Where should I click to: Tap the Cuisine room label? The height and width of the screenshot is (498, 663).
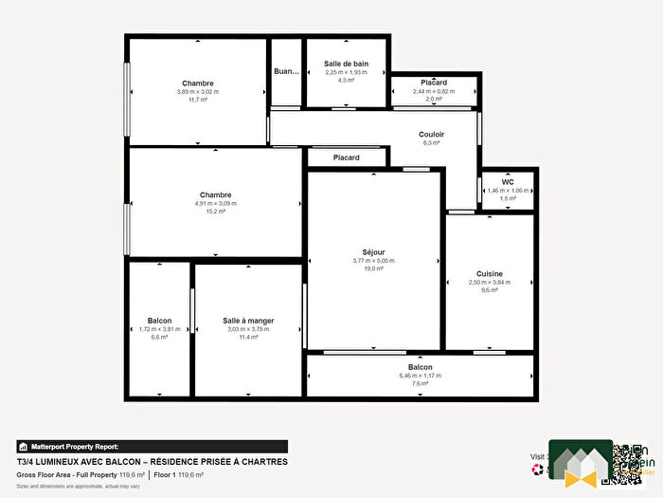click(490, 273)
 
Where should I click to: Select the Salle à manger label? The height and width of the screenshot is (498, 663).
click(248, 321)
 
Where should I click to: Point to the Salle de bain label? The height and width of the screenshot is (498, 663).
click(346, 64)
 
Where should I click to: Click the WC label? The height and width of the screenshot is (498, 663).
click(508, 181)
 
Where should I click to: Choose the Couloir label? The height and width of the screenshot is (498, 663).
click(432, 134)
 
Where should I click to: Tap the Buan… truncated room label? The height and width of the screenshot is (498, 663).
click(286, 72)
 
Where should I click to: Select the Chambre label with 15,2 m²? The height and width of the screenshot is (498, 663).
click(216, 194)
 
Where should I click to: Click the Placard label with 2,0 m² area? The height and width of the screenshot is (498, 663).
click(434, 83)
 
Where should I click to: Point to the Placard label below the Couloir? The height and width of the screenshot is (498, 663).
click(346, 157)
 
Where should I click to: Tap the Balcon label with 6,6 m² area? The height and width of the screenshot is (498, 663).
click(159, 321)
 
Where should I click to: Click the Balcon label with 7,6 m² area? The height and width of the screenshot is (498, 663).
click(420, 367)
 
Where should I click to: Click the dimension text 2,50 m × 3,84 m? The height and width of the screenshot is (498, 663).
click(490, 282)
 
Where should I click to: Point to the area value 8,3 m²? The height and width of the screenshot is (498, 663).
click(432, 143)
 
